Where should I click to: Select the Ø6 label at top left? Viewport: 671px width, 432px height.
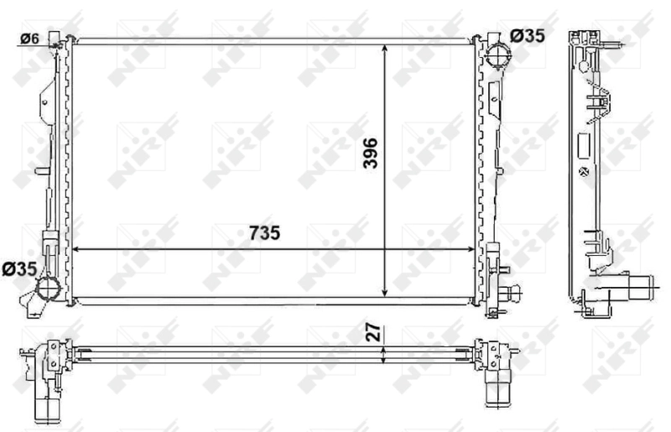coord(29,38)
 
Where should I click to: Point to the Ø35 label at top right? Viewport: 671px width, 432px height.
coord(527,36)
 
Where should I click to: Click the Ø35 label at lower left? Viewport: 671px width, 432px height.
coord(18,269)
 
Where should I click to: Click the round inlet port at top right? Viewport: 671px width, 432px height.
coord(498,60)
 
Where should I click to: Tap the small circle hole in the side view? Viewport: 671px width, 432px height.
coord(580,171)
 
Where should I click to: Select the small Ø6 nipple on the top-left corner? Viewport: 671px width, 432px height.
coord(56,38)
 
